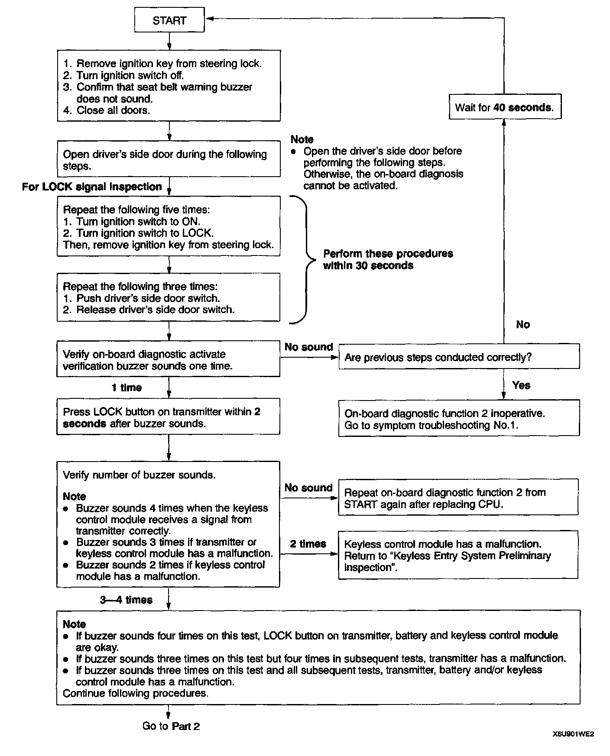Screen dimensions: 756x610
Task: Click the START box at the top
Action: pos(169,20)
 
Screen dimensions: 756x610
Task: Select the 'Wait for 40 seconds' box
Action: pos(505,107)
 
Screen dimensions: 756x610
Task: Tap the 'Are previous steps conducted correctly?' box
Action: pos(458,357)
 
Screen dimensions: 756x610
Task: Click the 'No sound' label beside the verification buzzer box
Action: pos(308,347)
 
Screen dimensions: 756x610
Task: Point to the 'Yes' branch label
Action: pos(521,385)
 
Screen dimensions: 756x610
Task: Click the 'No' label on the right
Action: pos(523,324)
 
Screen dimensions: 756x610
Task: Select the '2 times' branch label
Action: pos(308,544)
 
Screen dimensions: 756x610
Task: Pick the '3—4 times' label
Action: pos(126,600)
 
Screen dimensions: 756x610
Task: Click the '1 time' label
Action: pos(127,388)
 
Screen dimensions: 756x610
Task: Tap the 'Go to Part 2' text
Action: pos(171,726)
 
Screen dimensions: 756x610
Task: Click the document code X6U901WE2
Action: pos(573,734)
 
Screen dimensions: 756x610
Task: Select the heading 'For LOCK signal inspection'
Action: pos(92,187)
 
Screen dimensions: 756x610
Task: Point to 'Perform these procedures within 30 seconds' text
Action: pos(388,259)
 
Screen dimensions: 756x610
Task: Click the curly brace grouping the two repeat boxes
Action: pos(303,260)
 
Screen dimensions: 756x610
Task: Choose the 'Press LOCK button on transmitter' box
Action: pos(168,417)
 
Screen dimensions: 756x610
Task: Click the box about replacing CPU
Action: pos(458,498)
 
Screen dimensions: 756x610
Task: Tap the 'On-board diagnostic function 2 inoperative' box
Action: pos(458,419)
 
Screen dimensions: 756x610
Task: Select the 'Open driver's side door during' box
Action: pos(168,160)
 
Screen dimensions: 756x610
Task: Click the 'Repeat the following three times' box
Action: pos(168,297)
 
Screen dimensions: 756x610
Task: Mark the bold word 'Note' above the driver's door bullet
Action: pos(302,139)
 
